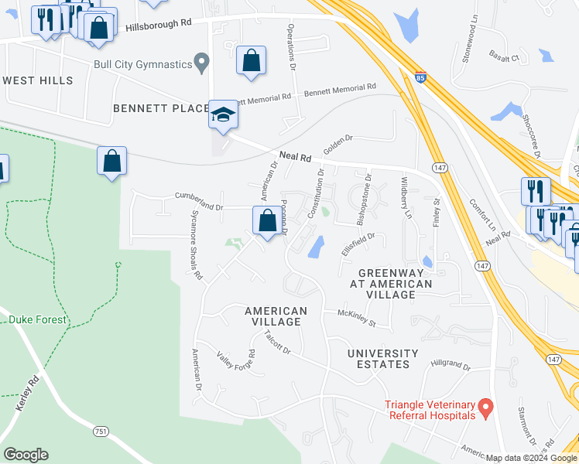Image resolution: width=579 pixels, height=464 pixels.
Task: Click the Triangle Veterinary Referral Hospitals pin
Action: click(485, 406)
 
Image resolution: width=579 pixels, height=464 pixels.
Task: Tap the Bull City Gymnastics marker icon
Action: click(203, 60)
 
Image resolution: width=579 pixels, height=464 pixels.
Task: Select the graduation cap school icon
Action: click(223, 115)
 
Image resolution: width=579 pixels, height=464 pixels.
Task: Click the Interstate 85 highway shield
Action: click(419, 78)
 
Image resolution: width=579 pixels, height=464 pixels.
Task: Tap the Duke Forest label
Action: click(39, 319)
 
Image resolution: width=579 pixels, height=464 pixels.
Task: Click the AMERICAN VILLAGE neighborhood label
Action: click(276, 316)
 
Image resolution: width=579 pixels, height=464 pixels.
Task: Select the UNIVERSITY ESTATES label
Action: click(382, 359)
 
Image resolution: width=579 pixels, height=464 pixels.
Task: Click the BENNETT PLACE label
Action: click(161, 107)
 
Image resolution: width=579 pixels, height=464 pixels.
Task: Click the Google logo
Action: click(26, 455)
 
